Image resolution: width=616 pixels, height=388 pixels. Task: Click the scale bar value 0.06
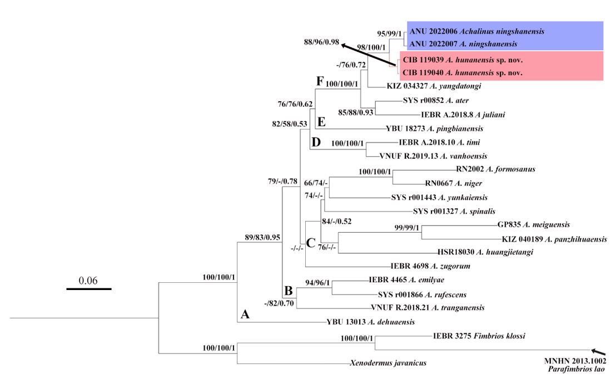point(88,280)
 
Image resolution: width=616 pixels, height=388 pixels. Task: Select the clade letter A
point(245,315)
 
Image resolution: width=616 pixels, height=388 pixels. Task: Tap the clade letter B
point(288,290)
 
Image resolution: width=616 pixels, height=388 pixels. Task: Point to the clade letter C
point(311,242)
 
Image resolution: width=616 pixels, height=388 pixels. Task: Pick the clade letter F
point(319,81)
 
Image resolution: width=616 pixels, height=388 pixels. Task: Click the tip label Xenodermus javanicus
point(388,363)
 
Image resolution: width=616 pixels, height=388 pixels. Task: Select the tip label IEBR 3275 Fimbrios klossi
point(479,336)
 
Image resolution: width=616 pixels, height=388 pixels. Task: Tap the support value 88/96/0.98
point(321,42)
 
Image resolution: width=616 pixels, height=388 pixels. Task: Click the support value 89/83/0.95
point(262,237)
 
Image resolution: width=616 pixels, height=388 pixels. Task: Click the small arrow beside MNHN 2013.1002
point(598,351)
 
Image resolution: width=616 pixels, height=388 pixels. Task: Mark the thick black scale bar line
point(89,289)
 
